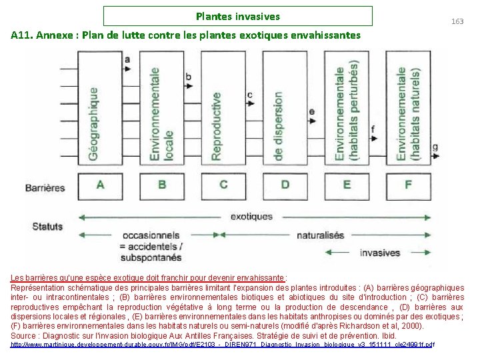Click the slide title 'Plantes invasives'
238,16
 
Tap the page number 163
457,22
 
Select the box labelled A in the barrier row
100,184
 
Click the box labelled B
162,184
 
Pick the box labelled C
223,184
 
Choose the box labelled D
285,184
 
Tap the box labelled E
347,184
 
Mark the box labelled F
408,184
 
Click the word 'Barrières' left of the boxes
45,187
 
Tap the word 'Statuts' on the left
47,226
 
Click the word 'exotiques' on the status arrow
251,217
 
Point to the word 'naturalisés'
320,235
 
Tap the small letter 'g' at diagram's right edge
435,147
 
